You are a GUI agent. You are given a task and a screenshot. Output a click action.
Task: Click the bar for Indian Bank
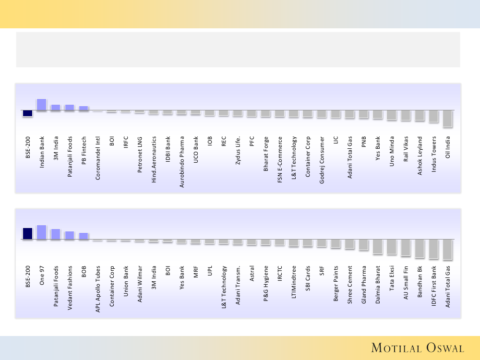coord(41,105)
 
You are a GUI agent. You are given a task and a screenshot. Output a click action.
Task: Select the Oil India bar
coord(447,119)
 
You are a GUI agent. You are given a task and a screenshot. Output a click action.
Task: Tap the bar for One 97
coord(41,232)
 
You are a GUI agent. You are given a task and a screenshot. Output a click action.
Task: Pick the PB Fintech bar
coord(84,108)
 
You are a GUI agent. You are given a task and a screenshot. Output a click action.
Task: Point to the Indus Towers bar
coord(433,116)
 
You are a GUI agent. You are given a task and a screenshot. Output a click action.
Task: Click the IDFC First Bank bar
coord(433,249)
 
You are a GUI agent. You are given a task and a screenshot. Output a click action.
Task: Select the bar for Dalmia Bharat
coord(377,246)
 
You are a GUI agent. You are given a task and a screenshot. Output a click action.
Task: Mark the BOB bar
coord(84,236)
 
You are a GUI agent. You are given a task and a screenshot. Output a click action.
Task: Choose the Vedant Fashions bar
coord(70,235)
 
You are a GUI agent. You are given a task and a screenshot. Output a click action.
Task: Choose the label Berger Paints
coord(336,284)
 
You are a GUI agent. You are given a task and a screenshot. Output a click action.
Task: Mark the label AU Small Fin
coord(406,284)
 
